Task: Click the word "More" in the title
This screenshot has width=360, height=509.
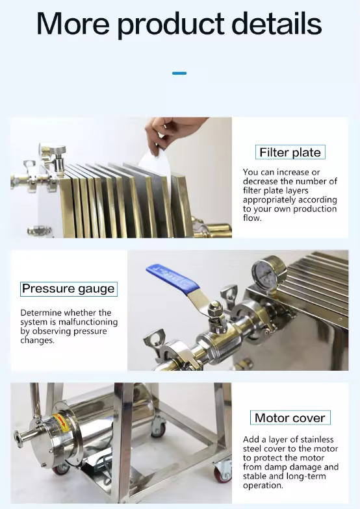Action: click(x=73, y=23)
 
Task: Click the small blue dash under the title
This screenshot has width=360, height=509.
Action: click(x=179, y=73)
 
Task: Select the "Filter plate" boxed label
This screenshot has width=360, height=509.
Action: click(x=290, y=152)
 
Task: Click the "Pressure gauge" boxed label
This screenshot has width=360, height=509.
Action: click(x=69, y=289)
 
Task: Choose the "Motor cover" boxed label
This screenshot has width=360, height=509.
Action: click(x=290, y=418)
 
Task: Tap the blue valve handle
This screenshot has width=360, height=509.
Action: click(x=172, y=279)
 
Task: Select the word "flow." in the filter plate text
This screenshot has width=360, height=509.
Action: click(x=252, y=218)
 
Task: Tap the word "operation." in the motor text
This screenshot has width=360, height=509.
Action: click(x=263, y=486)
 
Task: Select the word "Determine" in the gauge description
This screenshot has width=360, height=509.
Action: click(x=41, y=313)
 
